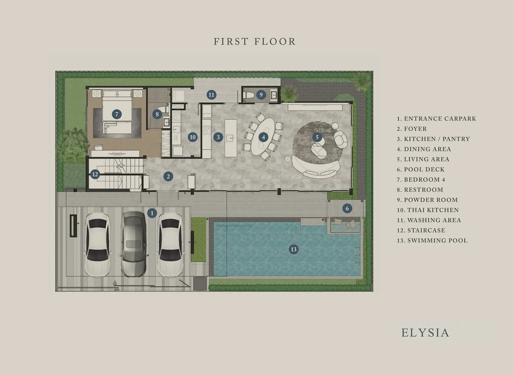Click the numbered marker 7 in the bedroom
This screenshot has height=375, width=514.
[x=117, y=114]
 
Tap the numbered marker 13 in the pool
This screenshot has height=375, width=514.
[x=294, y=249]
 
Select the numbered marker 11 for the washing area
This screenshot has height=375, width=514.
[x=211, y=95]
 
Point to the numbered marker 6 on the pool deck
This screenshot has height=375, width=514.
[x=347, y=208]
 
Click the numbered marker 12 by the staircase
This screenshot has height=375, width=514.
[x=95, y=174]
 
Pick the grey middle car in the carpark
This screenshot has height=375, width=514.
[x=133, y=244]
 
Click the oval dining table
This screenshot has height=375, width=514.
[x=263, y=137]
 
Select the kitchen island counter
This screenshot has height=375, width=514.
[x=230, y=138]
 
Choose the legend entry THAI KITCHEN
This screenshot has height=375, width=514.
[x=428, y=210]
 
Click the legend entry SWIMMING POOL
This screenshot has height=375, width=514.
[x=432, y=240]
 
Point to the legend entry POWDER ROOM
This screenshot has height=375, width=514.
[x=427, y=200]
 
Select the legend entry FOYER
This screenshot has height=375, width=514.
[x=412, y=129]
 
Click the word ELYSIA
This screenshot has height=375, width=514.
[x=425, y=333]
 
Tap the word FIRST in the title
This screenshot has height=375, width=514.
[x=231, y=41]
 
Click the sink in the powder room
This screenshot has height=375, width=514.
[x=274, y=95]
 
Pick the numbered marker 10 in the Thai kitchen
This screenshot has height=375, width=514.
[x=192, y=137]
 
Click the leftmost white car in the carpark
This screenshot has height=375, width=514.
[x=98, y=245]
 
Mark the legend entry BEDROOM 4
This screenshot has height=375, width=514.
[x=421, y=179]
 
